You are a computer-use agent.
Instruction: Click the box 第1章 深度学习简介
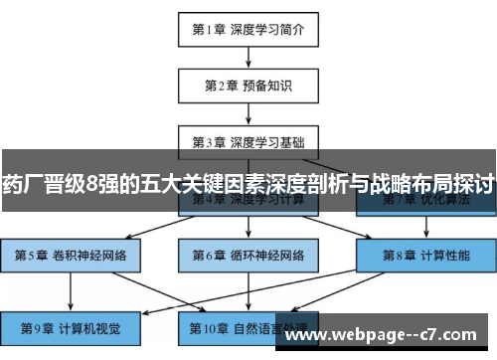point(248,29)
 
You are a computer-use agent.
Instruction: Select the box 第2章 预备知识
point(248,86)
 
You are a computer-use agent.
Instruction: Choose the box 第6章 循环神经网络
point(248,255)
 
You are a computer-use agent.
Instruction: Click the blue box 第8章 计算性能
point(426,255)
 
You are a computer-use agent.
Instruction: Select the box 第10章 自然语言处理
point(248,326)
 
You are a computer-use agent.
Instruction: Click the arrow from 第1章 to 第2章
point(248,57)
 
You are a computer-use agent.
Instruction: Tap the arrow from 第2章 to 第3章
point(248,112)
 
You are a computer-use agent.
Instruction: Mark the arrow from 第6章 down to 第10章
point(248,290)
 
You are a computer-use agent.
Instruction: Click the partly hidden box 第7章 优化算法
point(426,204)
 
